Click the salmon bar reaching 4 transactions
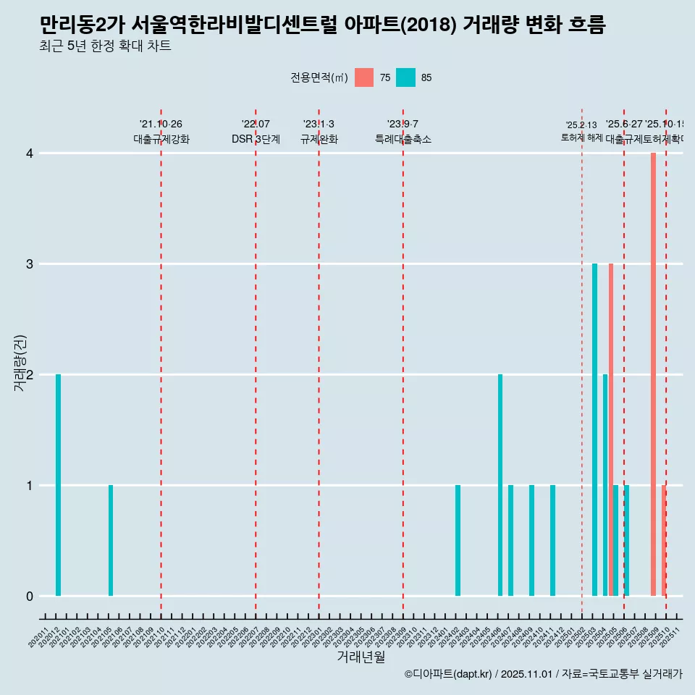coord(653,374)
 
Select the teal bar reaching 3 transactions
coord(594,429)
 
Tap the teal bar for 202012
coord(58,485)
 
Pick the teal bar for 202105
coord(111,540)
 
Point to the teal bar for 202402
coord(458,540)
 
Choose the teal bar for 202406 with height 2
coord(500,485)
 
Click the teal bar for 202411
coord(552,540)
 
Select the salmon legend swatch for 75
coord(364,77)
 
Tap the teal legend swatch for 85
coord(406,77)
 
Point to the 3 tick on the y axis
coord(30,264)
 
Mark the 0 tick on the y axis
coord(30,596)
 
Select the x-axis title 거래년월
coord(361,657)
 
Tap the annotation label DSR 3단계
coord(256,139)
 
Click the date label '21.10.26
coord(161,124)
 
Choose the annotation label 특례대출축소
coord(403,139)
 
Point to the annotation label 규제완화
coord(319,139)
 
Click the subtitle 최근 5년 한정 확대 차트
coord(106,46)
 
